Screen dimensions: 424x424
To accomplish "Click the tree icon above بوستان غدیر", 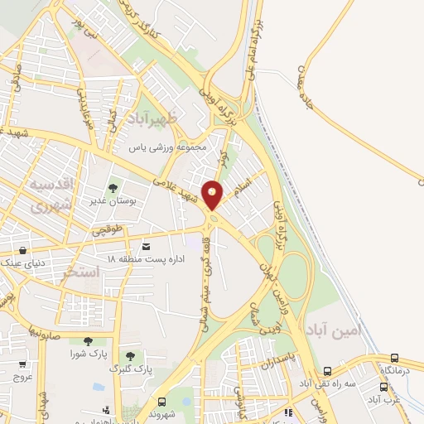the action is point(113,189).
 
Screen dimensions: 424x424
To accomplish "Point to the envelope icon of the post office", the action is point(147,247).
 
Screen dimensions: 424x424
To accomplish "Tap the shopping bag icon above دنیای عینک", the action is point(22,249).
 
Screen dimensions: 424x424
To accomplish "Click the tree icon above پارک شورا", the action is point(88,341).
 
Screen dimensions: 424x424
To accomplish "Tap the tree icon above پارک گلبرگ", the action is point(128,355).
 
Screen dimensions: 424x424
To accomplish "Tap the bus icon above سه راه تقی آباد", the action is point(327,372).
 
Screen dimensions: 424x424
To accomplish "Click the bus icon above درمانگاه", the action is point(393,358).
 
